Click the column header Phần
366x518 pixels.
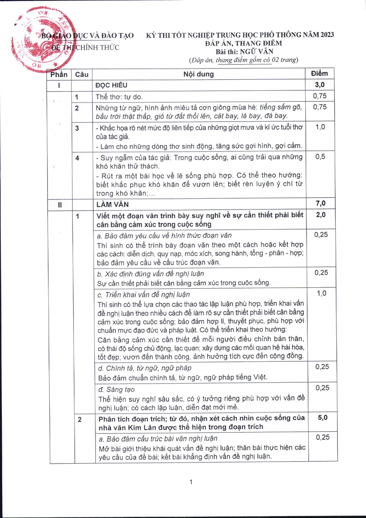coord(59,75)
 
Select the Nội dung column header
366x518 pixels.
coord(198,74)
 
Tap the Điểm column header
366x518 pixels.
coord(319,74)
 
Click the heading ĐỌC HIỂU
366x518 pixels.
coord(111,85)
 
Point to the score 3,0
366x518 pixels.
coord(320,85)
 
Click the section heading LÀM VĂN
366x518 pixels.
coord(112,204)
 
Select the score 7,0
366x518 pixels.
coord(320,204)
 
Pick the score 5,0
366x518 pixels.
coord(322,418)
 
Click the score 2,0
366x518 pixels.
coord(321,215)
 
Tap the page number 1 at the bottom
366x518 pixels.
coord(191,482)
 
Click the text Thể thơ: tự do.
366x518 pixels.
coord(119,97)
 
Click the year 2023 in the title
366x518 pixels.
coord(327,35)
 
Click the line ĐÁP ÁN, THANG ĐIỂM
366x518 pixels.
coord(243,43)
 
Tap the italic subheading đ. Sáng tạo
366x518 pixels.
coord(116,390)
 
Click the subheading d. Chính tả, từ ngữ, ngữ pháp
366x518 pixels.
coord(145,368)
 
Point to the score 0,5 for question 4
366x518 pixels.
coord(320,157)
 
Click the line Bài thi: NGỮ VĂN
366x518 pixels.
coord(244,52)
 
